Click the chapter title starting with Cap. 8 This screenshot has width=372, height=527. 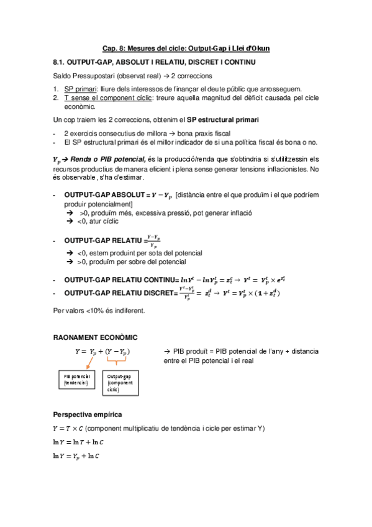[x=186, y=48]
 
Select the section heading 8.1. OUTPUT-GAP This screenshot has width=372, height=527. [x=154, y=63]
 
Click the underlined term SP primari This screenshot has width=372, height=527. [x=81, y=89]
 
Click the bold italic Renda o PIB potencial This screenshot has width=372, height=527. [x=109, y=159]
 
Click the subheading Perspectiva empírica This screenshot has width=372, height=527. [x=87, y=414]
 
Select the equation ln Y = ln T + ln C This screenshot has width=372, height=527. [x=79, y=442]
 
